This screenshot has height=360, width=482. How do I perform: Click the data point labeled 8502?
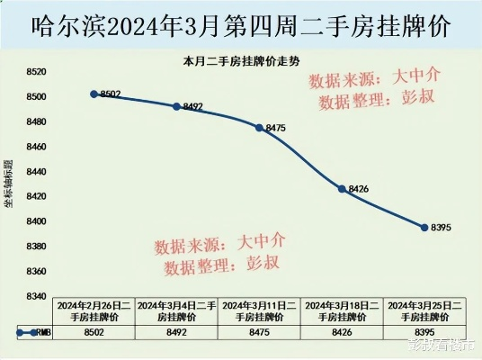94,94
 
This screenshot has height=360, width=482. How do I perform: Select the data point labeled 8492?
176,106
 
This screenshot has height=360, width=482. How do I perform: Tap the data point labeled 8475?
259,128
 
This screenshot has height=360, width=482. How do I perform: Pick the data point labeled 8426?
342,188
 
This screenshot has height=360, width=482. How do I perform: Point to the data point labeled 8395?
424,227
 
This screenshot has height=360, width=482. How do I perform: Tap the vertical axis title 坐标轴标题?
9,184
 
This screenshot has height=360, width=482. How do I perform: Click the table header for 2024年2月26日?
94,311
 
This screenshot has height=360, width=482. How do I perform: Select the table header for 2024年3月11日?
260,311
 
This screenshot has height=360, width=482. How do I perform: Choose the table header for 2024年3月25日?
424,311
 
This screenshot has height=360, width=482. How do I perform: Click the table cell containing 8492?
177,331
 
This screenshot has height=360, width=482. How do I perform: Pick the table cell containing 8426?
342,331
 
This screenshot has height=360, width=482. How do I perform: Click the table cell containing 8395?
424,331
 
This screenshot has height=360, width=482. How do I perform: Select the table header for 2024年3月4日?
177,311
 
